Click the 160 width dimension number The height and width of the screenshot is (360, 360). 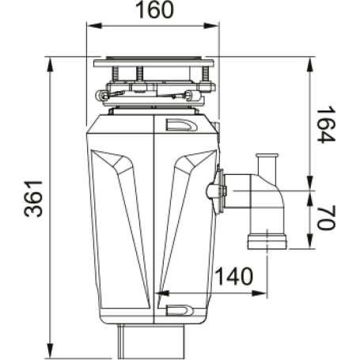pos(151,12)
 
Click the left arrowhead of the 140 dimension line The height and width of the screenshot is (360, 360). pos(161,292)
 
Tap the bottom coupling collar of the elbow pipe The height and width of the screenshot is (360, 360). pos(267,240)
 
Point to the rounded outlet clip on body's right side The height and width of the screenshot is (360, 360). pos(214,190)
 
